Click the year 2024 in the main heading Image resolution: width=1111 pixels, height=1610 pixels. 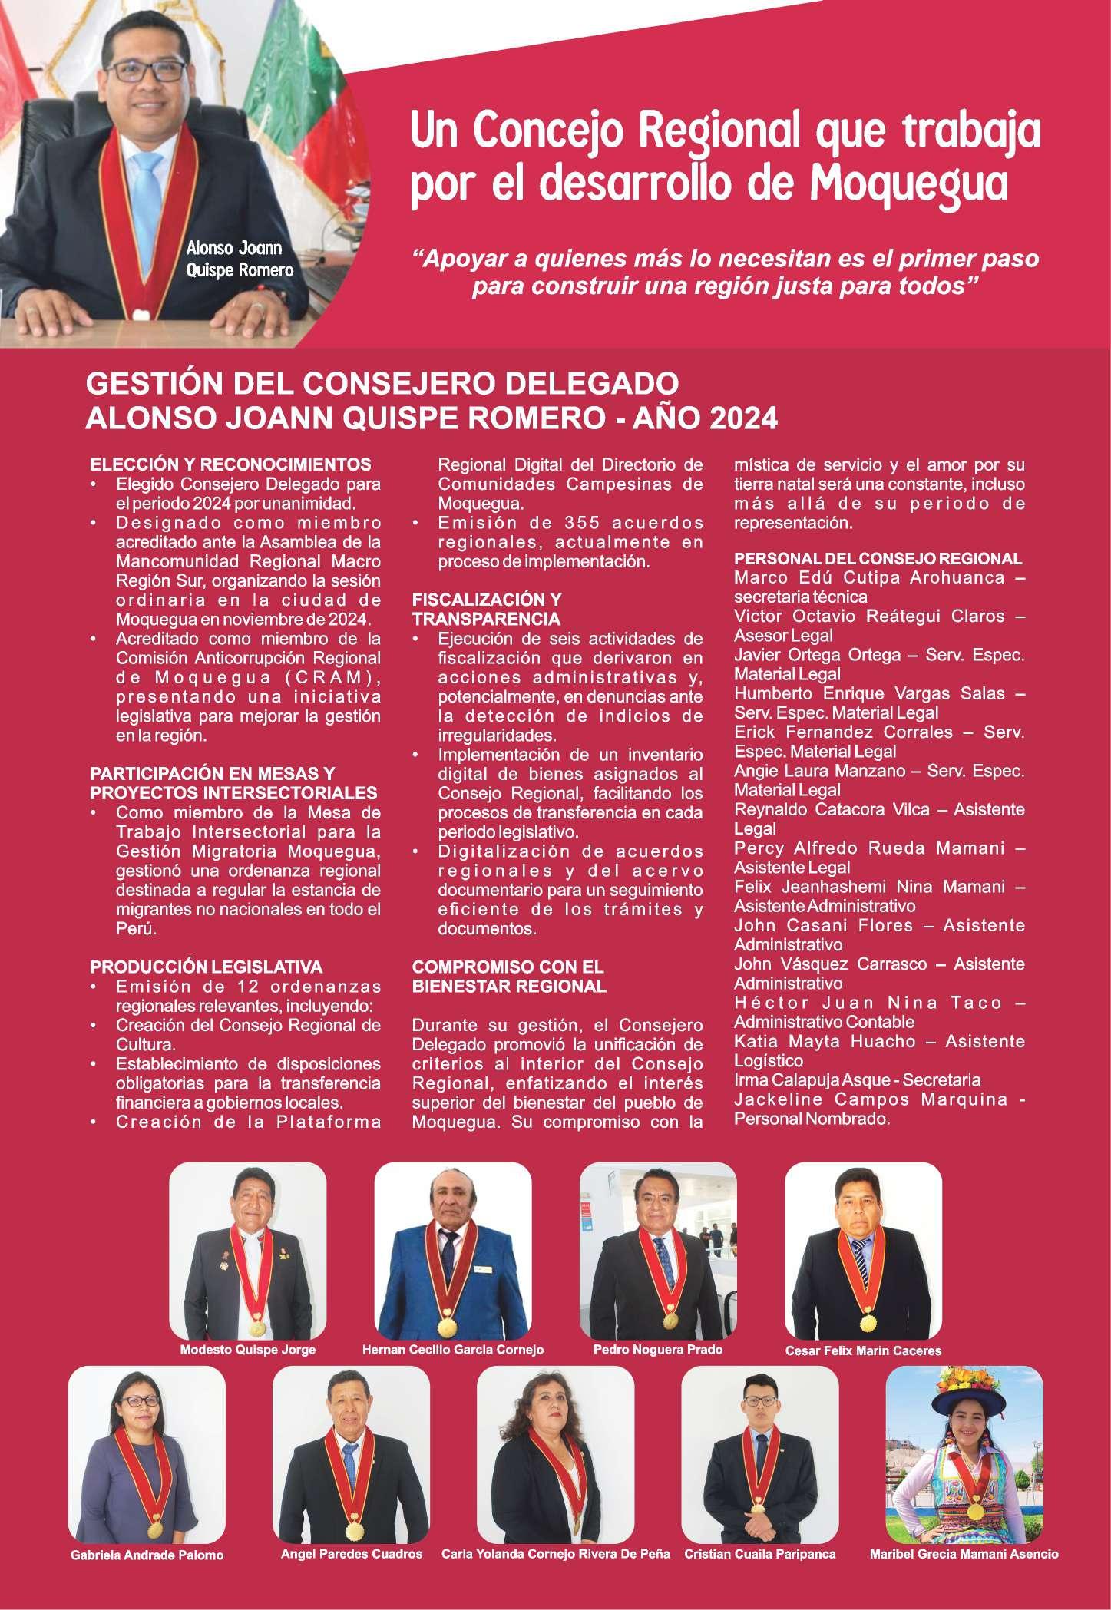pyautogui.click(x=742, y=419)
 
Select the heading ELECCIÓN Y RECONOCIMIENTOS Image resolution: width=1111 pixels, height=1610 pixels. pyautogui.click(x=231, y=464)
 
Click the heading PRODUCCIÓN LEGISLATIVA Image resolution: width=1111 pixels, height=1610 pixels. pyautogui.click(x=207, y=967)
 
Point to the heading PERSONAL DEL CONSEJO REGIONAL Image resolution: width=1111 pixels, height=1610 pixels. pyautogui.click(x=878, y=559)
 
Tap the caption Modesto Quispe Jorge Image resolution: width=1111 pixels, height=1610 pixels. pyautogui.click(x=247, y=1371)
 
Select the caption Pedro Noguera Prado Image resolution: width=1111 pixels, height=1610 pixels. pyautogui.click(x=658, y=1370)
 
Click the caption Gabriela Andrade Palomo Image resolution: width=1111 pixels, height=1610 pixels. pyautogui.click(x=147, y=1555)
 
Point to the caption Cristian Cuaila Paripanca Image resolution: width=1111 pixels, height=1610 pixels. pyautogui.click(x=760, y=1554)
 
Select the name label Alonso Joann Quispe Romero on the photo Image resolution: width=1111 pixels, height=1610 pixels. pyautogui.click(x=239, y=259)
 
